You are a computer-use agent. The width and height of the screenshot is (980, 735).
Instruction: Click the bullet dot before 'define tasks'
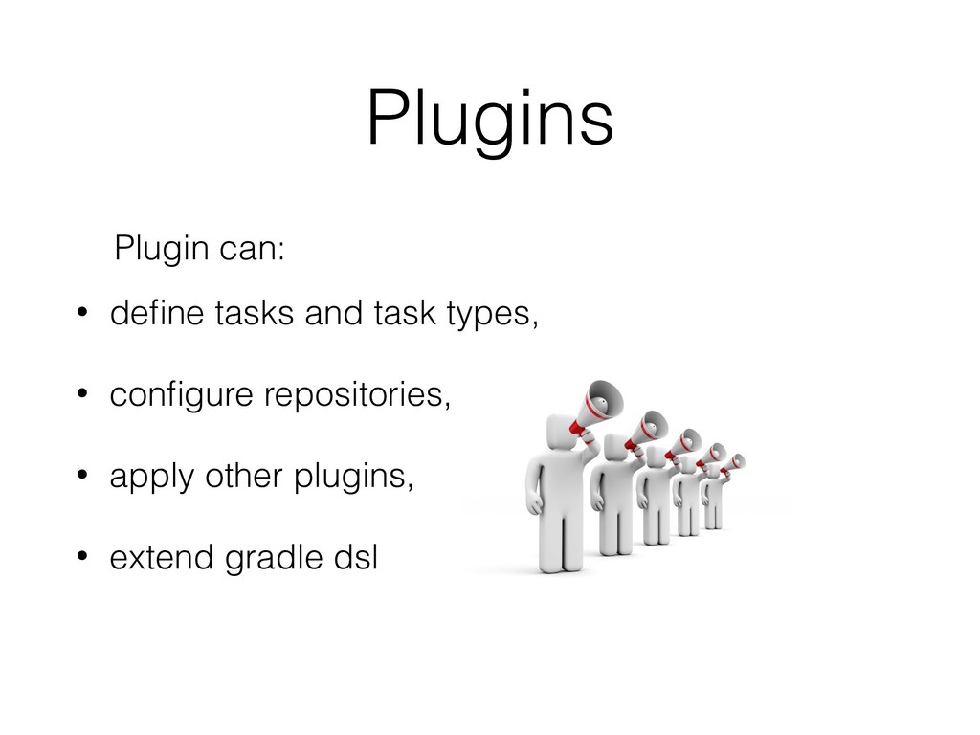coord(82,312)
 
